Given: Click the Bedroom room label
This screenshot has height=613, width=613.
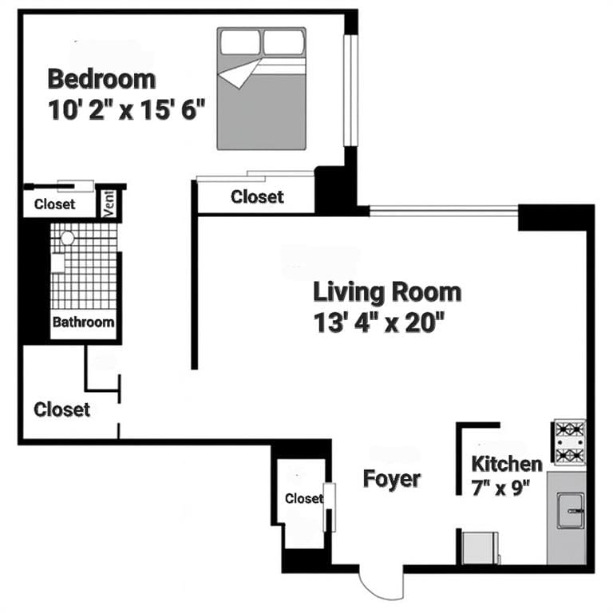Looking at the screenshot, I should coord(101,79).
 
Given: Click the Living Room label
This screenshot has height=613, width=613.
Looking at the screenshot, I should coord(386,291).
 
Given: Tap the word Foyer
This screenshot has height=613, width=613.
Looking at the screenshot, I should coord(392,479).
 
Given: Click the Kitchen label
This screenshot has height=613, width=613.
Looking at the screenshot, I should coord(507,464).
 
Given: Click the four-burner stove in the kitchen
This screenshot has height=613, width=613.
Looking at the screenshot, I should coord(570,442).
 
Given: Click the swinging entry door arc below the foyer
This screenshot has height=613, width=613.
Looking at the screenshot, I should coord(381,583).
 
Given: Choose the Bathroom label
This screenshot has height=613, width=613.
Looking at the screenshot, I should coord(83,323).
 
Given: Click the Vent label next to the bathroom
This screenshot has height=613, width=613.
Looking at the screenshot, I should coord(109,204).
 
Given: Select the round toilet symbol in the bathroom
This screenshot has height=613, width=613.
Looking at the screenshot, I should coord(68,238).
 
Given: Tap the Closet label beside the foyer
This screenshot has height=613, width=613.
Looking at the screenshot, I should coord(304,498).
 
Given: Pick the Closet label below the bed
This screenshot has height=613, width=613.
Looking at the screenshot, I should coord(256,196).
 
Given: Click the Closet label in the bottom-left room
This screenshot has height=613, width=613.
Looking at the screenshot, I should coord(61,409).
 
